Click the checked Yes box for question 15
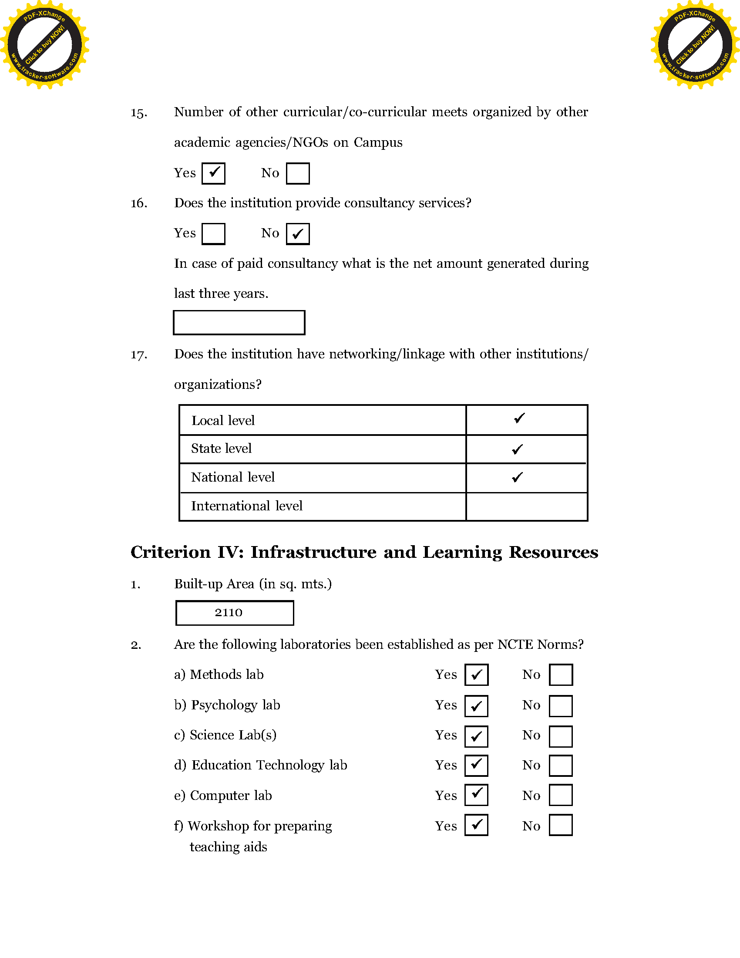pos(213,173)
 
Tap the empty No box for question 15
pos(298,173)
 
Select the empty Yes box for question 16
pos(213,234)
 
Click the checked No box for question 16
pos(298,234)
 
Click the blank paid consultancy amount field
pos(239,322)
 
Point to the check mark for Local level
pos(519,418)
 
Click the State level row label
pos(222,448)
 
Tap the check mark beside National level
pos(518,477)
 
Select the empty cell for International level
pos(527,506)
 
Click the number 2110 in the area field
pos(229,613)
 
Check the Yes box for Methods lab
pos(477,675)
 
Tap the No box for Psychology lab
pos(561,706)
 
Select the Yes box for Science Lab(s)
pos(477,736)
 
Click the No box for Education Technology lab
pos(561,766)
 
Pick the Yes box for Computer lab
pos(477,795)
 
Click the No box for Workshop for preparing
pos(561,825)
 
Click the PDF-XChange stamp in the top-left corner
pos(44,45)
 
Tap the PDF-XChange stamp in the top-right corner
pos(695,45)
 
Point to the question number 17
pos(139,354)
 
